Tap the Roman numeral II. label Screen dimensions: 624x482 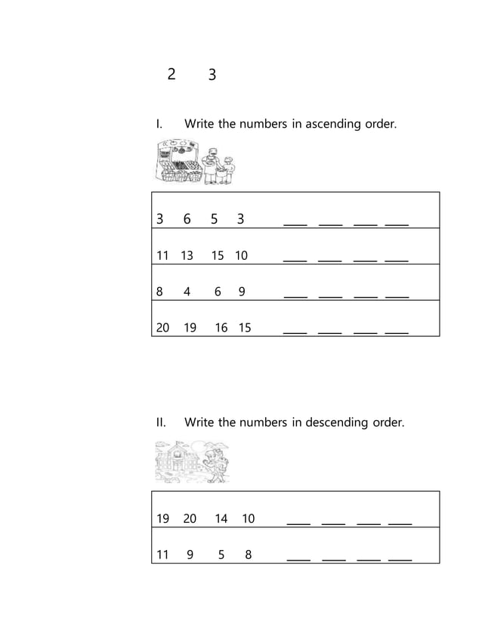click(x=161, y=422)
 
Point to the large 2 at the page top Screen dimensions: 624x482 click(x=171, y=73)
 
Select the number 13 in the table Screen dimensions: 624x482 click(x=187, y=255)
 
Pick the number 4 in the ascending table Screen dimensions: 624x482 click(x=187, y=292)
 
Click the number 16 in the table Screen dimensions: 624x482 click(x=221, y=327)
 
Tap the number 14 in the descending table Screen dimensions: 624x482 click(x=221, y=518)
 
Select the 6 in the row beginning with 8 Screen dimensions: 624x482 click(x=218, y=292)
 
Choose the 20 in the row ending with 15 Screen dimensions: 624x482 click(x=162, y=327)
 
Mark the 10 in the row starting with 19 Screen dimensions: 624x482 click(x=249, y=518)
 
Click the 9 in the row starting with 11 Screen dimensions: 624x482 click(x=190, y=554)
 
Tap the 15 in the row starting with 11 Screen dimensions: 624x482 click(x=218, y=255)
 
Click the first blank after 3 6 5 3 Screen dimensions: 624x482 click(x=295, y=223)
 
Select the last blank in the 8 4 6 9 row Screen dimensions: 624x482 click(x=397, y=295)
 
